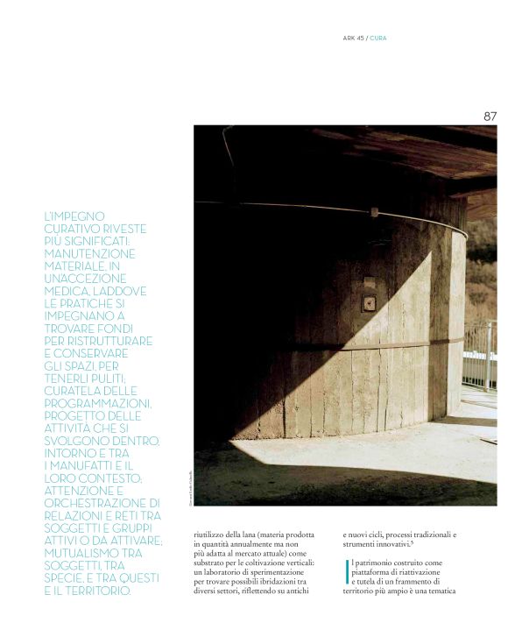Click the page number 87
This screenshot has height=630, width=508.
[490, 116]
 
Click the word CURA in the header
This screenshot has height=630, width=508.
[378, 38]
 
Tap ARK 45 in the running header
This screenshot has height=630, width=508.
[354, 38]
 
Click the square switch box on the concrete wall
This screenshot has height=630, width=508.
[370, 301]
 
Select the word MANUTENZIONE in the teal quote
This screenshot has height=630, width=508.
[89, 253]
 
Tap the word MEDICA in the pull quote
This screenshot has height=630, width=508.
[69, 290]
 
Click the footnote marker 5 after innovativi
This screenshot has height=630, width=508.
[413, 543]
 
